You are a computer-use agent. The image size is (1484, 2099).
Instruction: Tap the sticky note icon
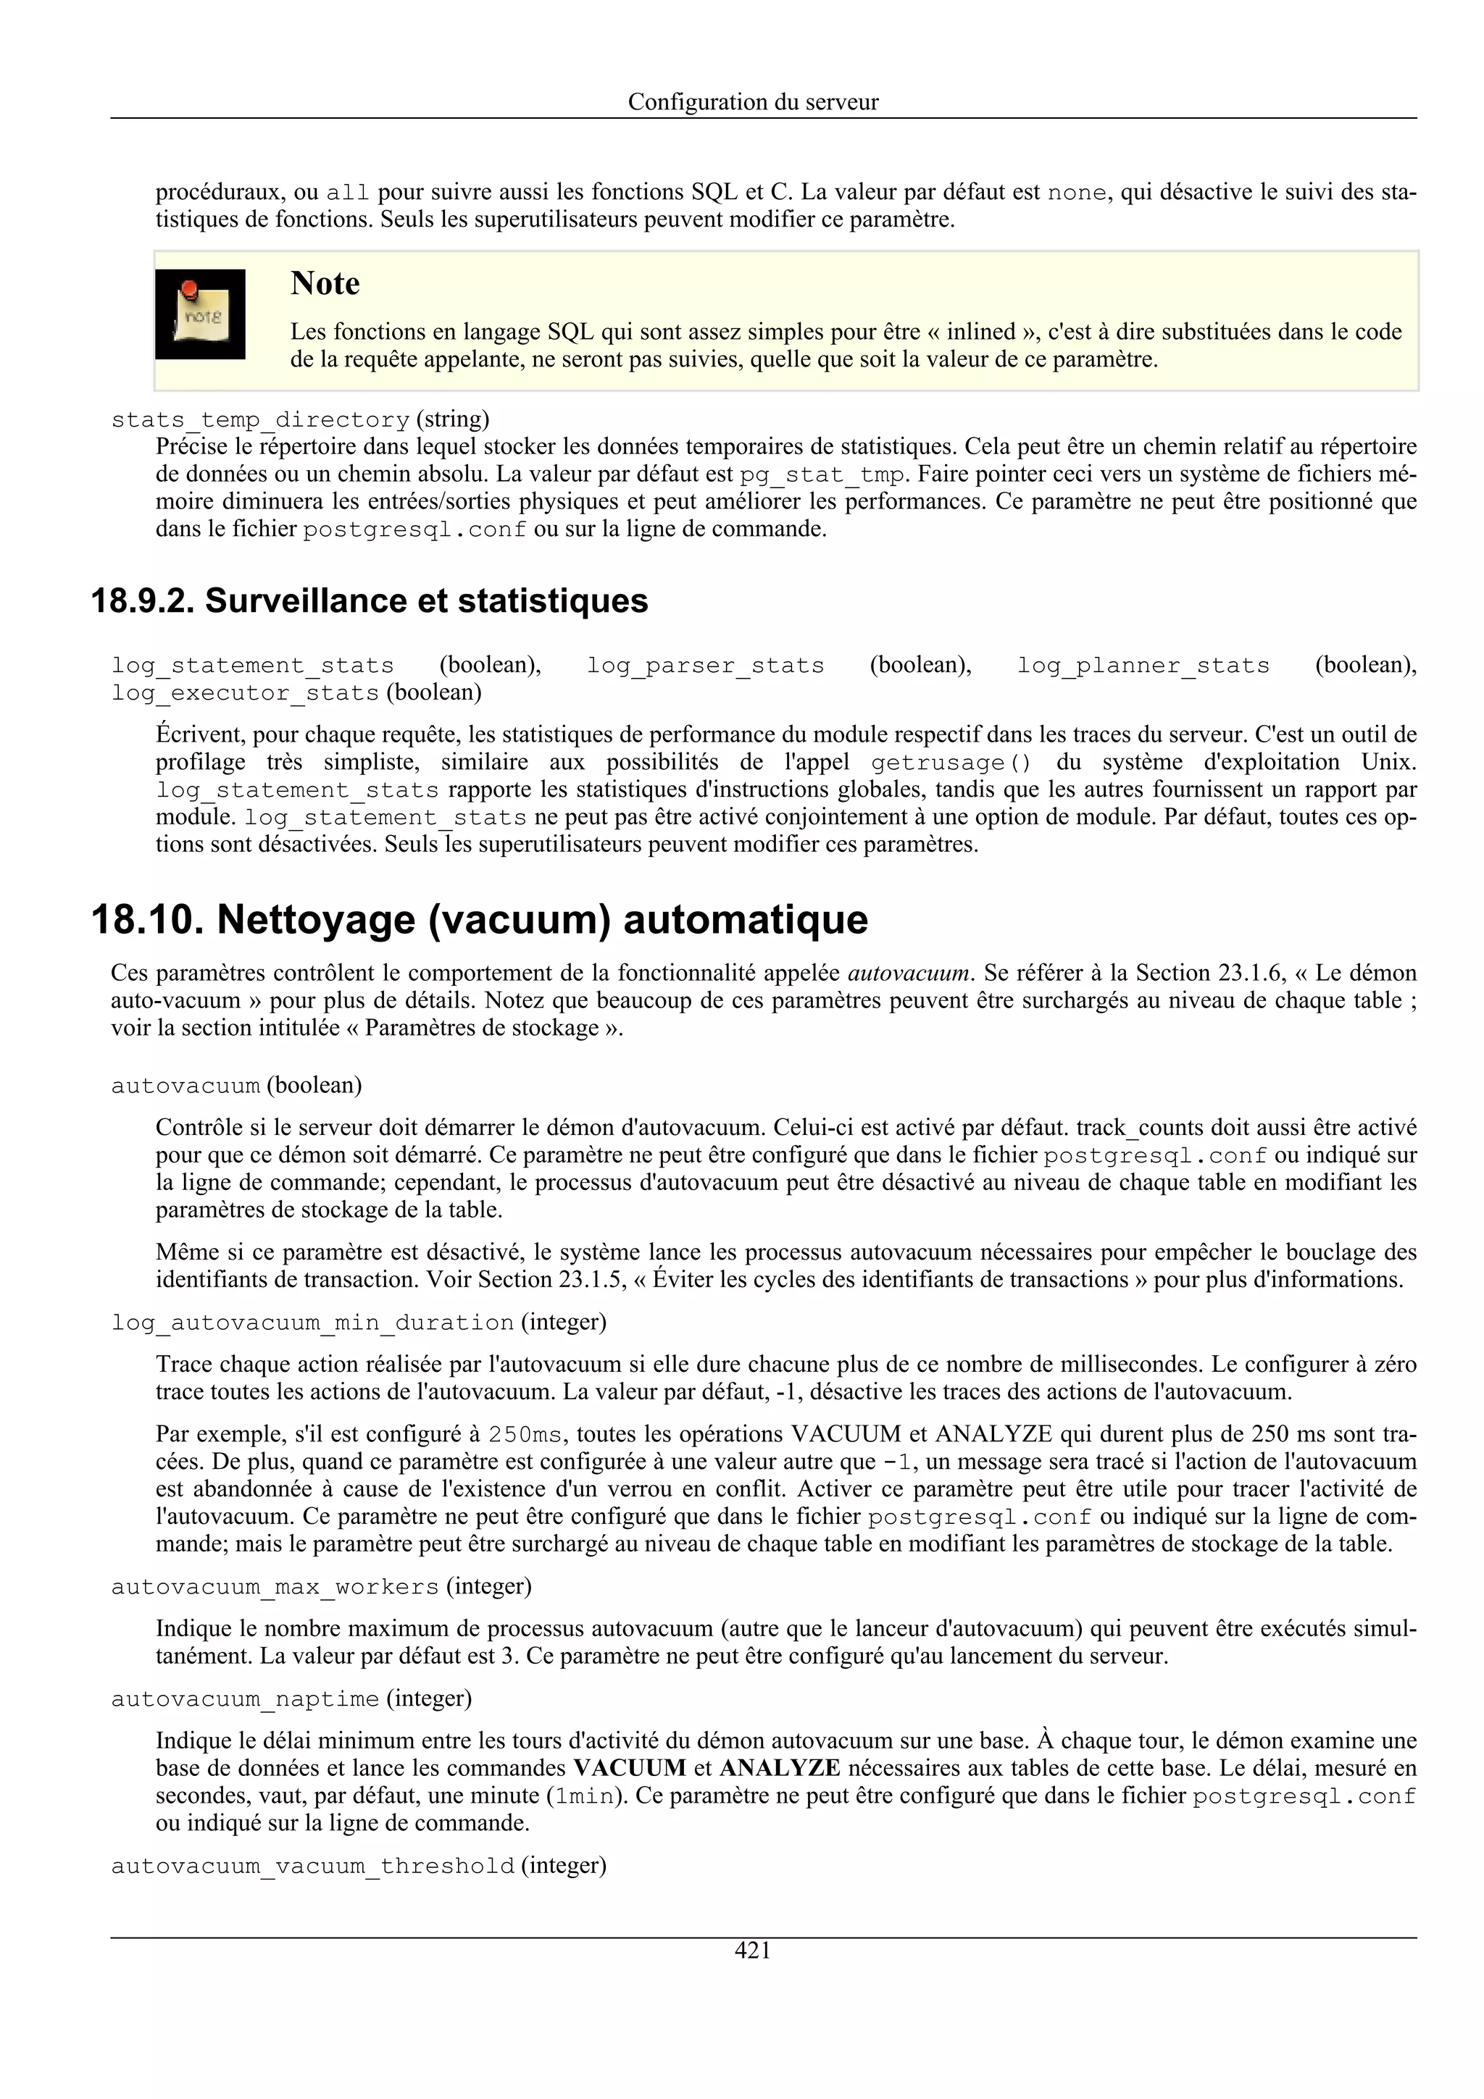click(x=200, y=314)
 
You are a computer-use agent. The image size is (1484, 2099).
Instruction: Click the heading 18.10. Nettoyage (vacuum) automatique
click(x=479, y=920)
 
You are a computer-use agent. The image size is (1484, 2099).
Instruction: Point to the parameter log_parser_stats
click(x=705, y=666)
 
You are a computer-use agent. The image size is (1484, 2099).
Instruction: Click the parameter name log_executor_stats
click(x=245, y=693)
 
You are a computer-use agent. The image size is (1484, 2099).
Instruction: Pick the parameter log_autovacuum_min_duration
click(x=313, y=1323)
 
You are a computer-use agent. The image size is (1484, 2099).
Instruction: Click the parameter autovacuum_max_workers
click(x=275, y=1587)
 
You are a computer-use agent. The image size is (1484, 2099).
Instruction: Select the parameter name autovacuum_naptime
click(x=245, y=1699)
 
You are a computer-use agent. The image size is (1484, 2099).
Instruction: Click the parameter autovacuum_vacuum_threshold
click(x=313, y=1866)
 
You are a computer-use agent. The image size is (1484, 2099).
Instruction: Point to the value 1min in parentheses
click(x=585, y=1796)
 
